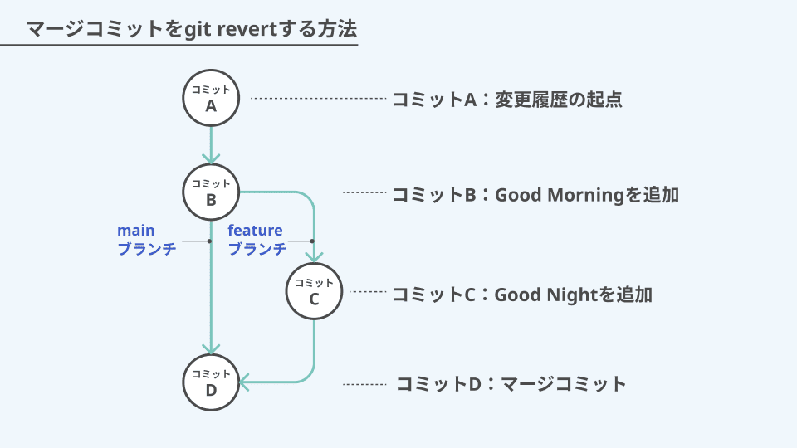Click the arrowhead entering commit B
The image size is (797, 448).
click(211, 158)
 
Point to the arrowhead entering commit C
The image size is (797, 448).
click(314, 257)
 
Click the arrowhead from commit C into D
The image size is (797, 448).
click(244, 382)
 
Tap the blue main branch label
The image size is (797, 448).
click(146, 240)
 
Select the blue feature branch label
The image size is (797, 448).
click(257, 240)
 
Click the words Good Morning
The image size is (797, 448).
click(559, 195)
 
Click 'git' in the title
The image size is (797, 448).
click(198, 30)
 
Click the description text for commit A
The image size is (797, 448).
click(507, 99)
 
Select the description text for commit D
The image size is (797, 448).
click(511, 384)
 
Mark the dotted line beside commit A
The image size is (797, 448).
click(319, 99)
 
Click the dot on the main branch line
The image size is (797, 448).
click(209, 241)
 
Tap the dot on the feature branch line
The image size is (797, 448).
click(312, 241)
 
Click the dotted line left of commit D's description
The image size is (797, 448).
click(364, 384)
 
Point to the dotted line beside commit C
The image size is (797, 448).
click(368, 291)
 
